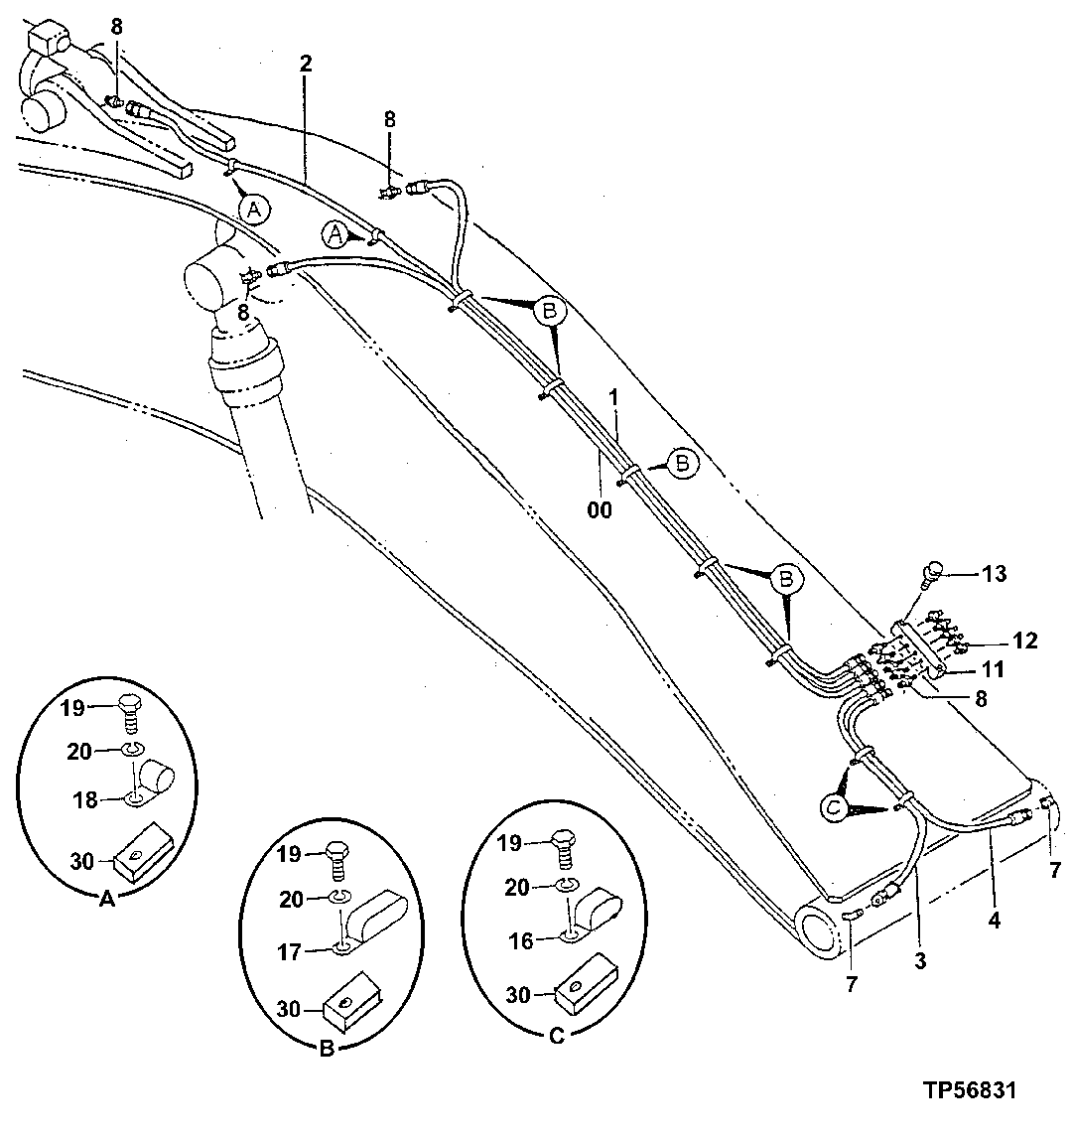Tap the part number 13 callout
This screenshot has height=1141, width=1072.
point(994,573)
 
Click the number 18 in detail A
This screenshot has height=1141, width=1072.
point(85,799)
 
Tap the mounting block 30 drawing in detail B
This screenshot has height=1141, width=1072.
point(348,1003)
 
